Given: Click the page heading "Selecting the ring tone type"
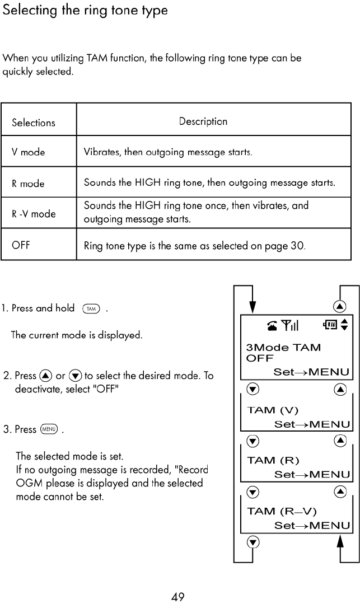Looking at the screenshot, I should (85, 11).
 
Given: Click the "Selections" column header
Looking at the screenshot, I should (34, 123).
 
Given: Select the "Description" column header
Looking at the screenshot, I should (203, 121).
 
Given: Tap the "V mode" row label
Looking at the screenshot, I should (29, 152).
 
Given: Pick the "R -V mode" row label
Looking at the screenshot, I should (34, 213).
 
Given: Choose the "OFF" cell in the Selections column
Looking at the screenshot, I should (21, 245).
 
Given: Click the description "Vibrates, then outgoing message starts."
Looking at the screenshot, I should (169, 152).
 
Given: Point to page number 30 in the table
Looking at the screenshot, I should (296, 245).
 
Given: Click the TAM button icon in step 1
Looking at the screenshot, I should (91, 308).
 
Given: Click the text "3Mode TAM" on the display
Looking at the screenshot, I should (284, 348).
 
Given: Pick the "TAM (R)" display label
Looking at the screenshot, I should (270, 461).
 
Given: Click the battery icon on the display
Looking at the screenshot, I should (330, 325).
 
